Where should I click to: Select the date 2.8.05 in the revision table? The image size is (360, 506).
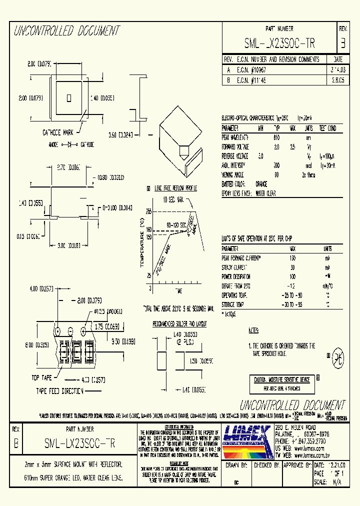(330, 79)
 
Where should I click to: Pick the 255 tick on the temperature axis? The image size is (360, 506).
(148, 211)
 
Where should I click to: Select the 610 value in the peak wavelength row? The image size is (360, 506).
(277, 137)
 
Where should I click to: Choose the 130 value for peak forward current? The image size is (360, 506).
(292, 258)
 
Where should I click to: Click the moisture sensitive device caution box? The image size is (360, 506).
(282, 383)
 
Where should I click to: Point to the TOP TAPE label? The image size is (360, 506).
(42, 378)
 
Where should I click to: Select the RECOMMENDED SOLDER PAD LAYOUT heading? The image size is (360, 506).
(179, 324)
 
